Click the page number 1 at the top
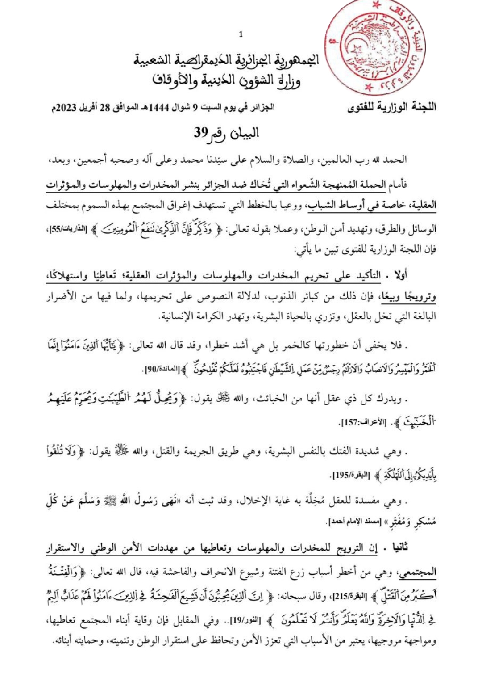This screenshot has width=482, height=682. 241,35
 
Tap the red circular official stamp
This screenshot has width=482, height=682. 382,48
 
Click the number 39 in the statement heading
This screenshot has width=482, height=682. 199,133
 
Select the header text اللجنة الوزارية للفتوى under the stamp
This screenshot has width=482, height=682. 392,108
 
